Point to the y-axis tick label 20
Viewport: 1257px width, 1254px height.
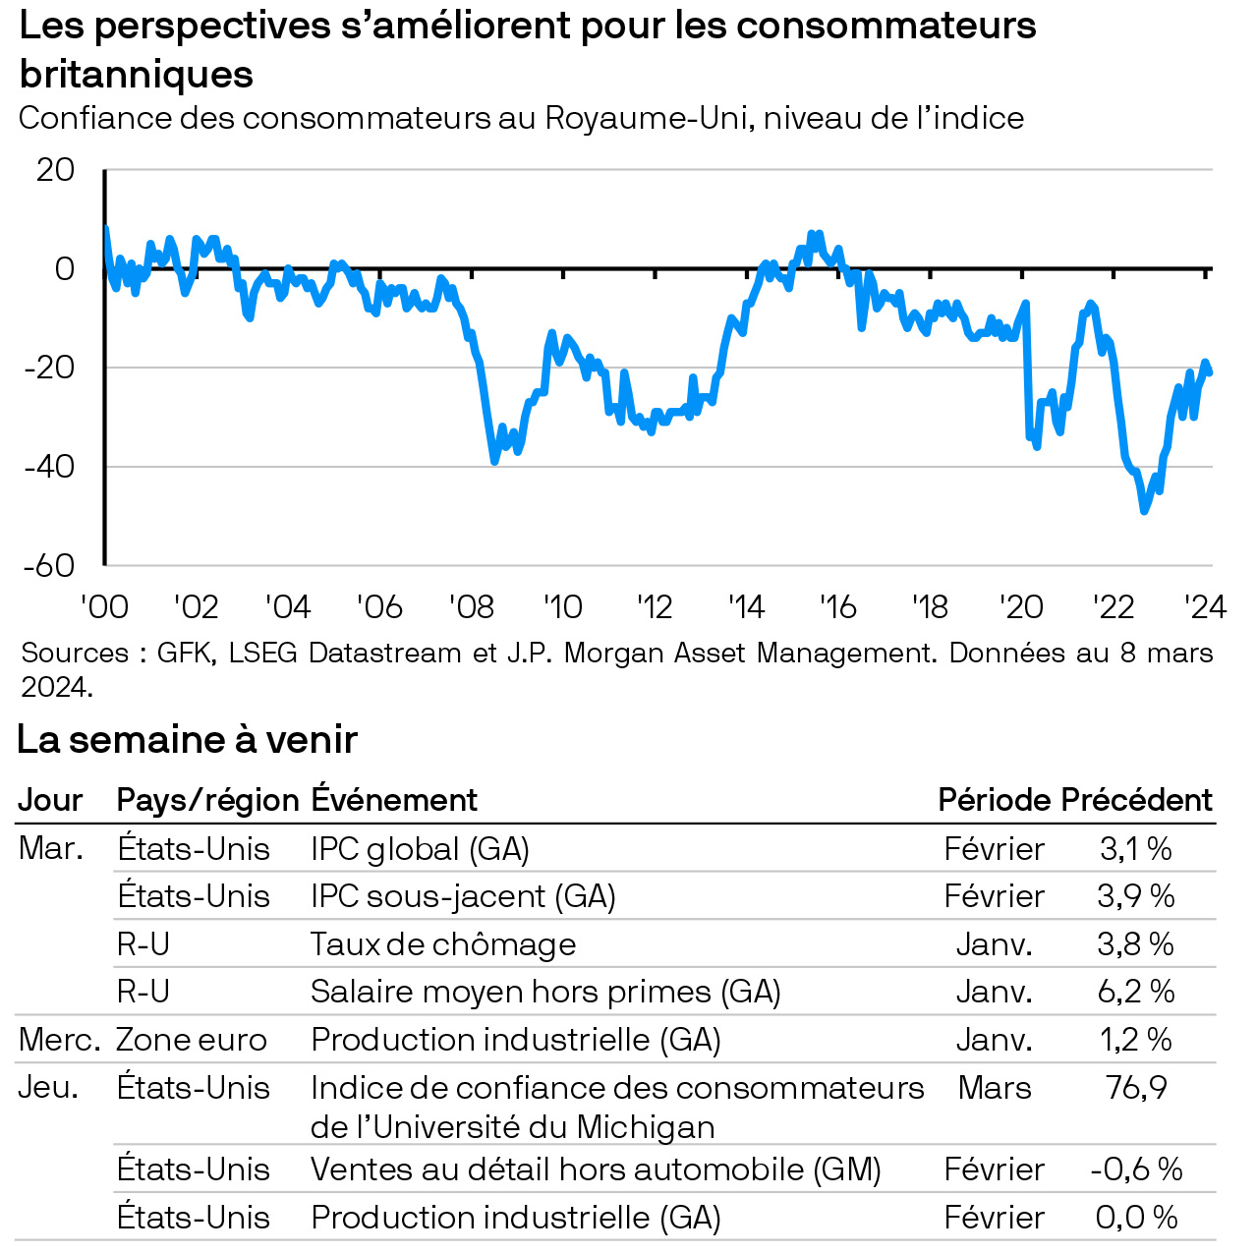pyautogui.click(x=55, y=170)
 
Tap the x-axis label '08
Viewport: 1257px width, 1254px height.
pyautogui.click(x=472, y=607)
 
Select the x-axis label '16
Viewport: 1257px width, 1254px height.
pyautogui.click(x=838, y=607)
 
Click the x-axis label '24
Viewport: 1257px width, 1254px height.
pyautogui.click(x=1205, y=607)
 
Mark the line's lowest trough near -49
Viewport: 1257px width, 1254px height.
pyautogui.click(x=1144, y=510)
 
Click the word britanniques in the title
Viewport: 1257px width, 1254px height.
pyautogui.click(x=137, y=75)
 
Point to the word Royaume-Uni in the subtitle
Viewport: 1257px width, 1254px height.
pyautogui.click(x=649, y=118)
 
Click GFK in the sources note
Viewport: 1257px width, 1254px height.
pyautogui.click(x=185, y=653)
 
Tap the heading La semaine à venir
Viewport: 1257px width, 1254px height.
pyautogui.click(x=187, y=739)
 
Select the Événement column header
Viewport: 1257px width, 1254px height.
pyautogui.click(x=394, y=800)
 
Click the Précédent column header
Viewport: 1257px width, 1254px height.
pyautogui.click(x=1137, y=800)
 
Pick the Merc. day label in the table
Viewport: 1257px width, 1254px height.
pyautogui.click(x=59, y=1040)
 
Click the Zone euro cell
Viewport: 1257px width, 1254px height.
pyautogui.click(x=192, y=1040)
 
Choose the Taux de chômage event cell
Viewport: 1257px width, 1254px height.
pyautogui.click(x=443, y=944)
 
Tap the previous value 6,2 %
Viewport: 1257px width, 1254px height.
pyautogui.click(x=1136, y=992)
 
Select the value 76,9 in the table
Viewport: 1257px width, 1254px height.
pyautogui.click(x=1136, y=1088)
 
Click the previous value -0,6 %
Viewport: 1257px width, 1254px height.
pyautogui.click(x=1136, y=1169)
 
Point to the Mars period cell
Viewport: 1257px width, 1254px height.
pyautogui.click(x=995, y=1088)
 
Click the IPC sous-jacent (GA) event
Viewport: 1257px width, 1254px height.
pyautogui.click(x=463, y=896)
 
